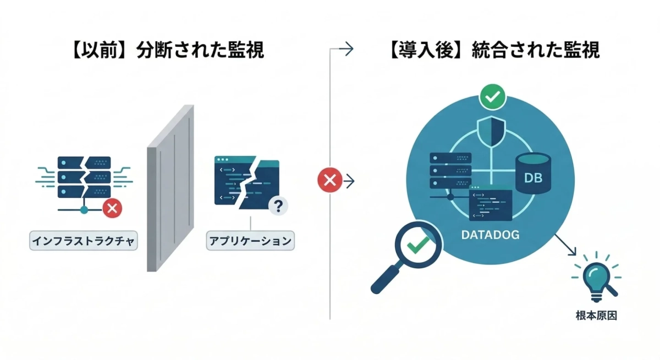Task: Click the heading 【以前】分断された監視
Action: (168, 50)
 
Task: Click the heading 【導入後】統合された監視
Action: (493, 50)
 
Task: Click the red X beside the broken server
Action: (113, 208)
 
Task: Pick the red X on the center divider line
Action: (329, 180)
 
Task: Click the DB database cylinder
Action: (533, 174)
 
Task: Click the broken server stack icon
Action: (84, 179)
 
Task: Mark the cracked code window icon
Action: (246, 184)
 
